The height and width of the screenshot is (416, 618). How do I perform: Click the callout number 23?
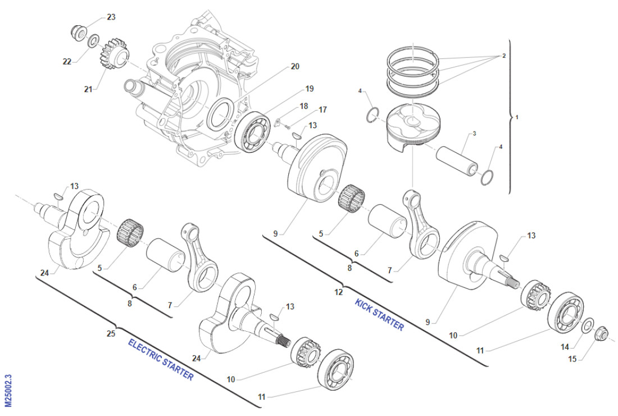111,17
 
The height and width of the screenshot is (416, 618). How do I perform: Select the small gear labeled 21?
112,54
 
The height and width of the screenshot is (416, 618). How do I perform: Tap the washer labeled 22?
94,39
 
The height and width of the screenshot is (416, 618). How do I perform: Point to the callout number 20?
295,66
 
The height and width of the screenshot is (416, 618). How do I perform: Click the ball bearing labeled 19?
252,132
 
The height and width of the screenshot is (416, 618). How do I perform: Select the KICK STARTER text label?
379,315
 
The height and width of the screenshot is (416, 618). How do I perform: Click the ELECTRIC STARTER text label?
161,360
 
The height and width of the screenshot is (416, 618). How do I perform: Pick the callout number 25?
111,333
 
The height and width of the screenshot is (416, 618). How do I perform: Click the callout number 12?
338,292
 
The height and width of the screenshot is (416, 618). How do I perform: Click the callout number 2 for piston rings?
504,56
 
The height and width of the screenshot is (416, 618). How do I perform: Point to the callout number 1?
517,117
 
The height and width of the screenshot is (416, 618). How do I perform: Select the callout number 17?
322,110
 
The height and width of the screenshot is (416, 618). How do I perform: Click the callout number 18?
304,106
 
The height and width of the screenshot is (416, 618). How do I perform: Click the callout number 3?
474,133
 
